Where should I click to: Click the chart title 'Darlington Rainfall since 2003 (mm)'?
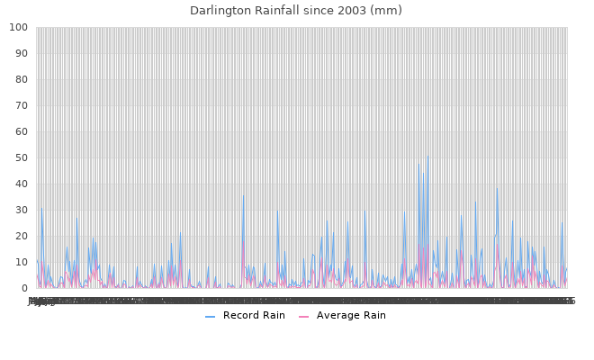point(296,11)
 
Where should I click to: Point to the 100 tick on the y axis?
point(18,28)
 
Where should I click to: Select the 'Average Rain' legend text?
point(351,315)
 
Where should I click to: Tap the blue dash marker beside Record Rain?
point(210,316)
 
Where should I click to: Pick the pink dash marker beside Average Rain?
point(304,316)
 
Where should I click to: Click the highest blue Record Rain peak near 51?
point(427,156)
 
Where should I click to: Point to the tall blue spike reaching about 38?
point(497,188)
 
